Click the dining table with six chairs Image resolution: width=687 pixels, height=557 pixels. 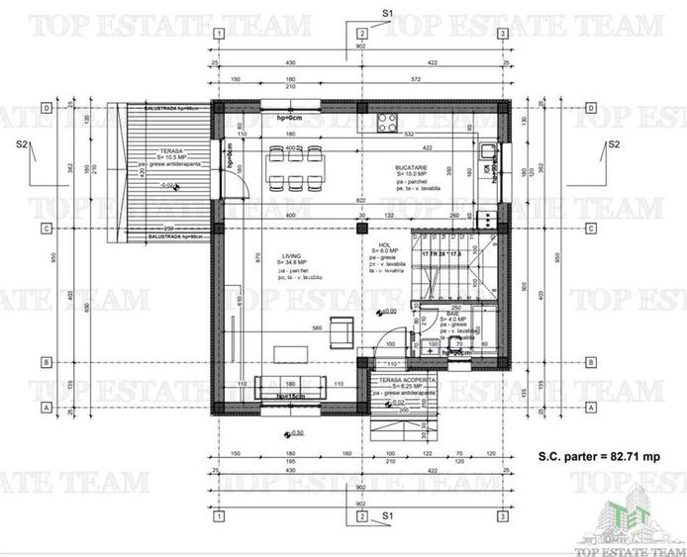click(x=292, y=165)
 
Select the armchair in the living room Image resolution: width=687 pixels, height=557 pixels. click(x=342, y=327)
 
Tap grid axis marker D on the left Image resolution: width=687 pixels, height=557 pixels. click(x=47, y=109)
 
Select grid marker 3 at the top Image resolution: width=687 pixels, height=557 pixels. click(x=504, y=34)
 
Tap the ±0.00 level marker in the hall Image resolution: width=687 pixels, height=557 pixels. click(x=387, y=311)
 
